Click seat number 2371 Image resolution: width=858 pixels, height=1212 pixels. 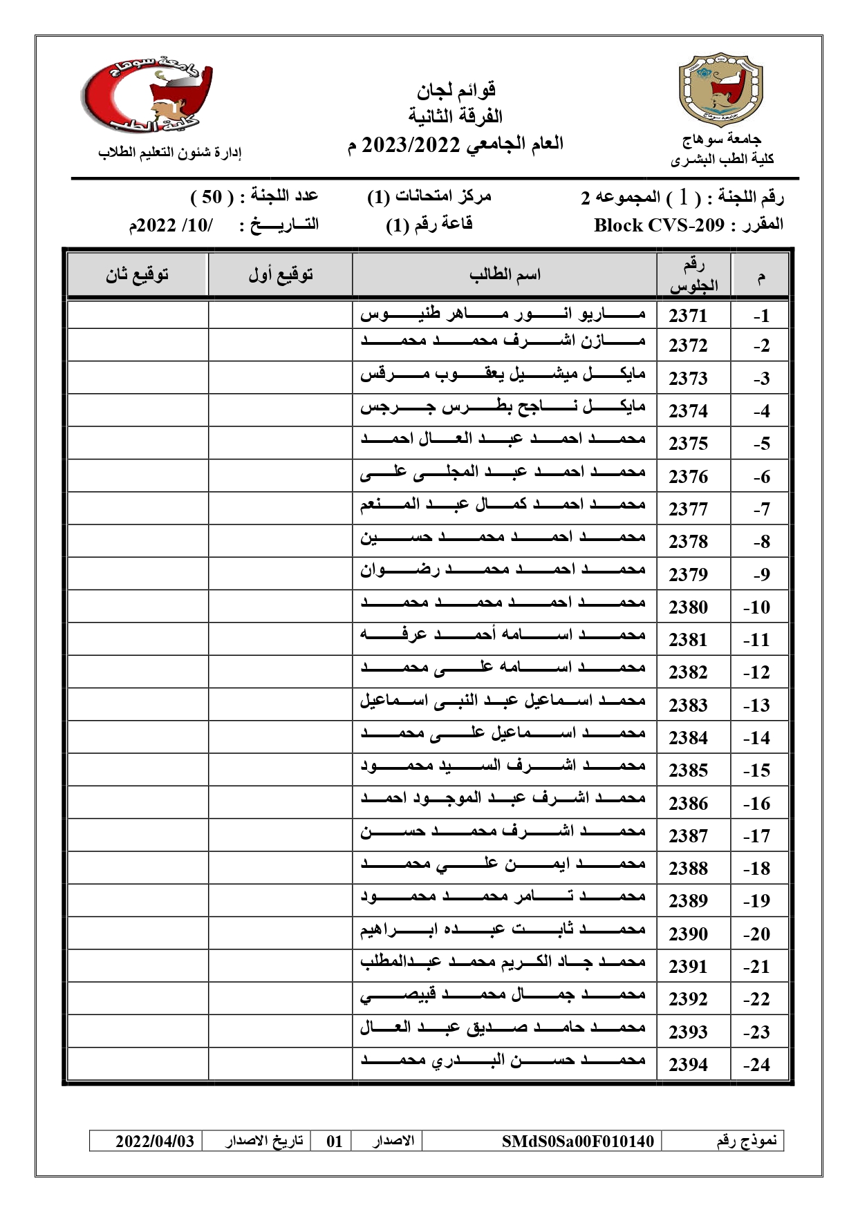pos(688,316)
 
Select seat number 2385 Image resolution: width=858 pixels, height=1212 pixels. pos(688,770)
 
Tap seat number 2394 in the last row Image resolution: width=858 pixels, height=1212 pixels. pos(688,1065)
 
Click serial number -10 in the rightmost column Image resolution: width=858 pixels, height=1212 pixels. pos(756,607)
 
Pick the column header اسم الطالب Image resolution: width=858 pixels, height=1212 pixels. pos(505,275)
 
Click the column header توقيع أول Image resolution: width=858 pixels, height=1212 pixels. pos(281,275)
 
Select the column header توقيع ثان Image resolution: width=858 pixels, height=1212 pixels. pos(137,275)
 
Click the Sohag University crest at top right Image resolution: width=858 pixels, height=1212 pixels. pos(721,90)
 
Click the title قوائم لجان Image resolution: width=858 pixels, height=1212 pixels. pos(456,90)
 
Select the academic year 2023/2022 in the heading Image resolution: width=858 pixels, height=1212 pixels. pos(411,145)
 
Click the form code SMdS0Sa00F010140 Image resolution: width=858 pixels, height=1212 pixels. pos(577,1141)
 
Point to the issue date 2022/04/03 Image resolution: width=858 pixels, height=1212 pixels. pos(155,1141)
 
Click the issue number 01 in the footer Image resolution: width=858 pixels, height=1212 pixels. pos(335,1141)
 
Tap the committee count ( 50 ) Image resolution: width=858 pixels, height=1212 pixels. pos(212,197)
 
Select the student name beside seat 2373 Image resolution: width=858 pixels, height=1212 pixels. pos(503,375)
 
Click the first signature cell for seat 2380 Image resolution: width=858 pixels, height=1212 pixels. pos(281,607)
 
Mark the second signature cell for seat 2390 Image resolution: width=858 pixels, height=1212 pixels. pos(137,933)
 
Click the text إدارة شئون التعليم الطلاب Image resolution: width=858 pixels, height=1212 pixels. pos(169,153)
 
